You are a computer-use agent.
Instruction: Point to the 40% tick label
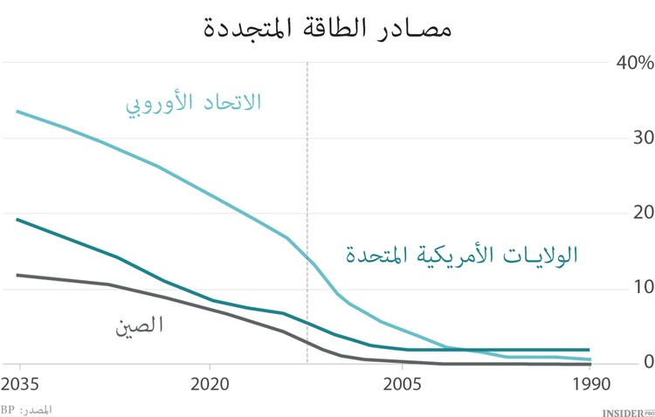[x=634, y=63]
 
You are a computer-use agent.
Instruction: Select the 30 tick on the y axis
[x=643, y=138]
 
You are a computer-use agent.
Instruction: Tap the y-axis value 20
[x=643, y=213]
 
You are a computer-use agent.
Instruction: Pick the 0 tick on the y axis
[x=648, y=361]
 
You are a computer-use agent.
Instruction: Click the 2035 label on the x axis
[x=20, y=385]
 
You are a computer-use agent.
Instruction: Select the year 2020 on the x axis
[x=209, y=385]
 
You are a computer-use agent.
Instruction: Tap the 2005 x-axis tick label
[x=401, y=385]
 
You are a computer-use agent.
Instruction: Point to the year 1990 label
[x=589, y=385]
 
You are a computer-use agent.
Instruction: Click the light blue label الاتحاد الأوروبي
[x=193, y=102]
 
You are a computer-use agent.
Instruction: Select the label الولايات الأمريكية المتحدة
[x=460, y=256]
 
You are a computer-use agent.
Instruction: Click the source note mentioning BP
[x=26, y=409]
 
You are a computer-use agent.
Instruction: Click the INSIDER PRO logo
[x=628, y=410]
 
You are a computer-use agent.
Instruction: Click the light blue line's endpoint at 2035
[x=17, y=112]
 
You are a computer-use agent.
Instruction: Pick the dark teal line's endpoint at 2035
[x=17, y=219]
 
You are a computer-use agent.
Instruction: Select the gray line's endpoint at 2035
[x=17, y=275]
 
